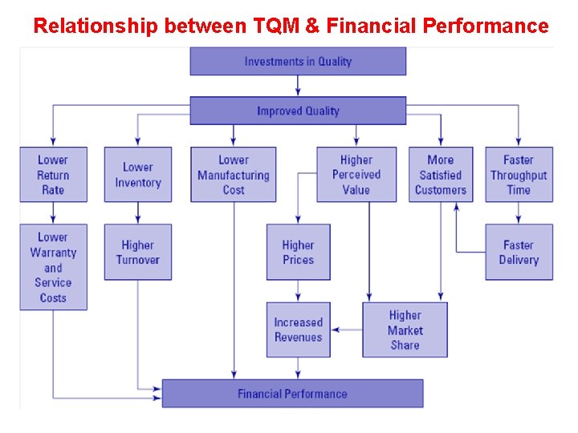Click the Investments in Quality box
[298, 62]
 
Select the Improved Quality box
[298, 111]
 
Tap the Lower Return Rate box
[53, 174]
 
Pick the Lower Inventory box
[137, 174]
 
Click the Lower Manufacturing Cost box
[233, 174]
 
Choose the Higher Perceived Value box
[356, 174]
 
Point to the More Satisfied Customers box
[440, 174]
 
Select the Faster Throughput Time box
[519, 174]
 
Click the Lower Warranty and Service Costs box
[53, 267]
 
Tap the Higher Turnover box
[137, 252]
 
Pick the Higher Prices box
[298, 252]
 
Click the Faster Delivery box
[519, 252]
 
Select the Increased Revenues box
[298, 330]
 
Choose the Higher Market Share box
[405, 330]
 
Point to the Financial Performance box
[292, 394]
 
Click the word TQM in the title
[275, 26]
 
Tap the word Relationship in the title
[96, 26]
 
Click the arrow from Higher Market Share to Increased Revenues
[346, 330]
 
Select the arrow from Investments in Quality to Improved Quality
[298, 86]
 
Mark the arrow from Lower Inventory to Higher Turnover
[138, 212]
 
